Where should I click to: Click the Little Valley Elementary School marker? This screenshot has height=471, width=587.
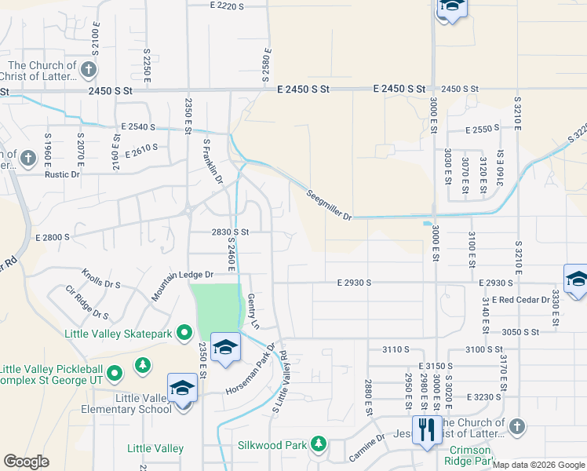(182, 389)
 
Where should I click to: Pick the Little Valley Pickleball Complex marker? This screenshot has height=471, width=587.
(115, 373)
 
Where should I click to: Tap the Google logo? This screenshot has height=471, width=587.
(26, 462)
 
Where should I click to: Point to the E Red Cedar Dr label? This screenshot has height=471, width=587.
(518, 301)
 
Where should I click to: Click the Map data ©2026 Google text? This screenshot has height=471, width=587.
(539, 465)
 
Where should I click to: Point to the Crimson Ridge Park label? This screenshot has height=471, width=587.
(475, 456)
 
